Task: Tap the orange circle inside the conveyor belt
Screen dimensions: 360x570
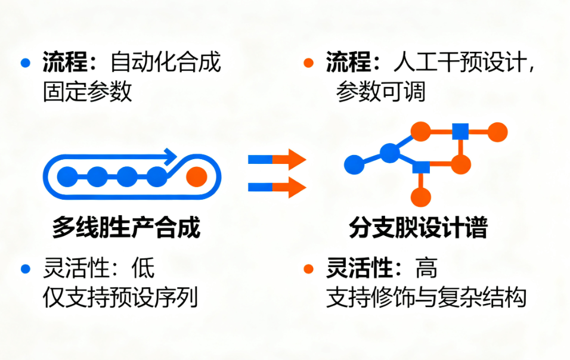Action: pos(196,176)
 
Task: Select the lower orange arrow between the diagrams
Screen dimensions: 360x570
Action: pos(293,187)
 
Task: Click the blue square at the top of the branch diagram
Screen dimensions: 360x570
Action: pos(459,131)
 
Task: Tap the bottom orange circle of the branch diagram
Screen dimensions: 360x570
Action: pos(422,197)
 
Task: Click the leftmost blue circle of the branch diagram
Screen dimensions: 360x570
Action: pos(354,164)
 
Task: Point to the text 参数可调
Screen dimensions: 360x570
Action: pos(380,92)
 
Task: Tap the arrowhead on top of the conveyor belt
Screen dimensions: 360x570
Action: pos(169,156)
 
